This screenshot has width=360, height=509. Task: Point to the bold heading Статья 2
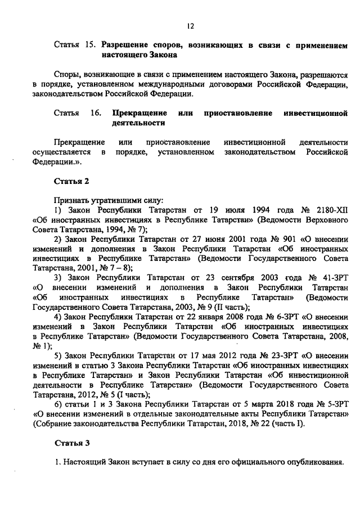click(71, 181)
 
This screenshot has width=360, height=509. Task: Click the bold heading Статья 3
click(71, 443)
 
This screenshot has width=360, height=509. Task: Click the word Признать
click(71, 200)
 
